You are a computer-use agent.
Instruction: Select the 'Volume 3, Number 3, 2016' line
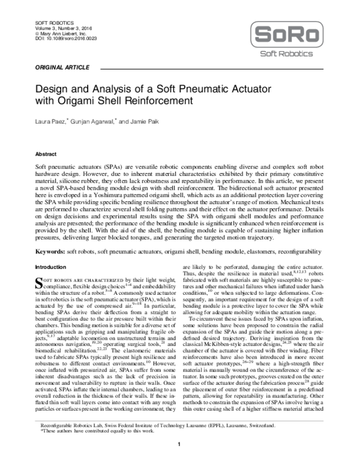[x=56, y=28]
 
